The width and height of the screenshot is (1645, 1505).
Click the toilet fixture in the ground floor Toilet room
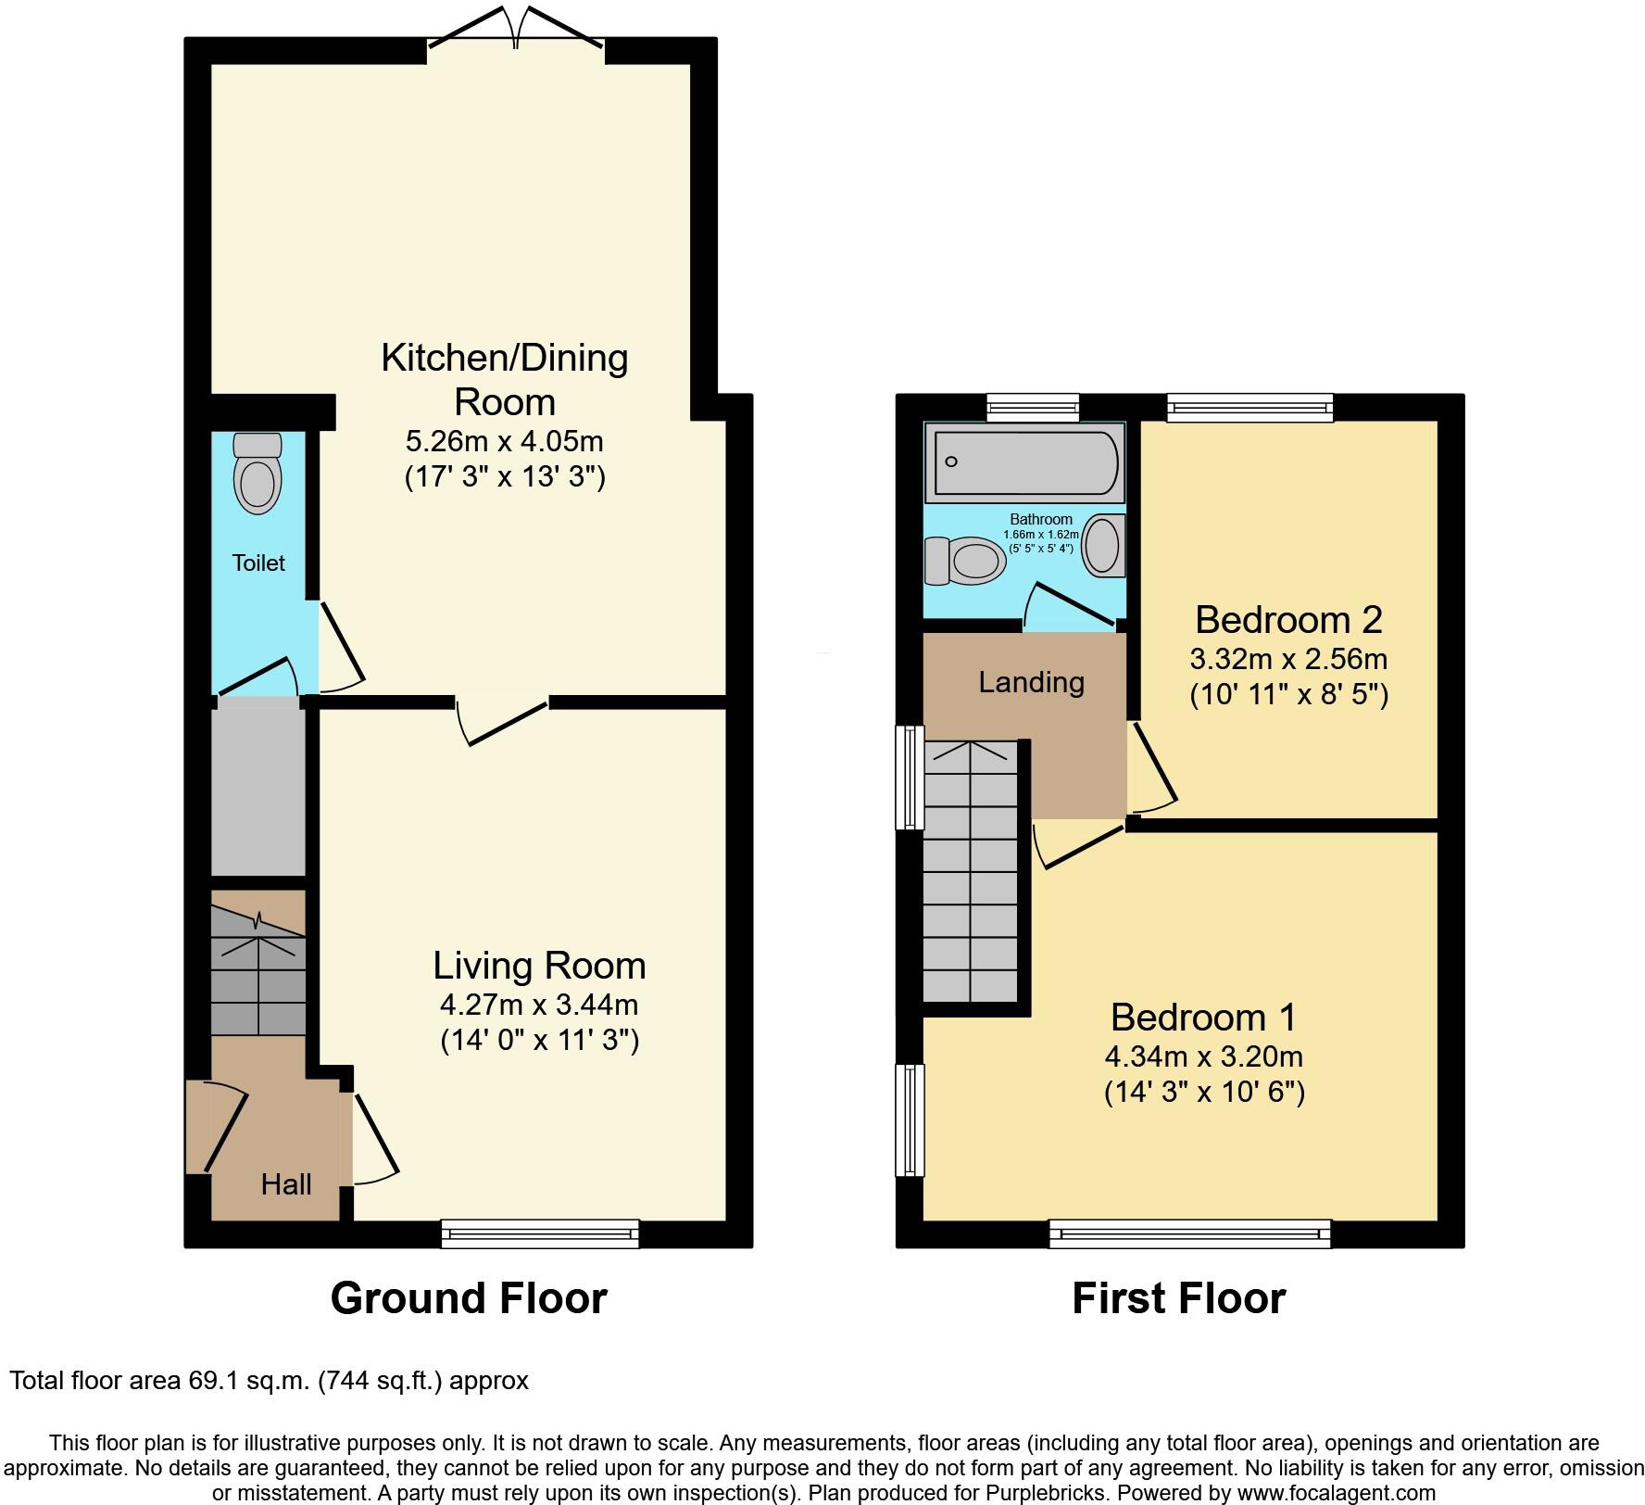[257, 474]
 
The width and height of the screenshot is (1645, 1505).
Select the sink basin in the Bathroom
[1102, 545]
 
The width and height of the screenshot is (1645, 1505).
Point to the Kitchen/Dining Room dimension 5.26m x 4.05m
[505, 440]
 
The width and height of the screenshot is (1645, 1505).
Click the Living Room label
[539, 966]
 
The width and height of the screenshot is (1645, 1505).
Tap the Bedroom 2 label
[1288, 619]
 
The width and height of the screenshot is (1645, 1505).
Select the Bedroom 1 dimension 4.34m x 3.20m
[1203, 1056]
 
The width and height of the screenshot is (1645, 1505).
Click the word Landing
[1031, 682]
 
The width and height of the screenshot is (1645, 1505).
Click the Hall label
[285, 1184]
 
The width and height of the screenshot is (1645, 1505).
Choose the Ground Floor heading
[469, 1298]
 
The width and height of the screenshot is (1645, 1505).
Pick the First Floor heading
[1178, 1298]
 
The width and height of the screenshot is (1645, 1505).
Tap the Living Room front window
[540, 1233]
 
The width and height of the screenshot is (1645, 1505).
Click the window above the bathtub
[1033, 407]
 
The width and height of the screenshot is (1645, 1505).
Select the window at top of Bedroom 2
[1249, 407]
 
